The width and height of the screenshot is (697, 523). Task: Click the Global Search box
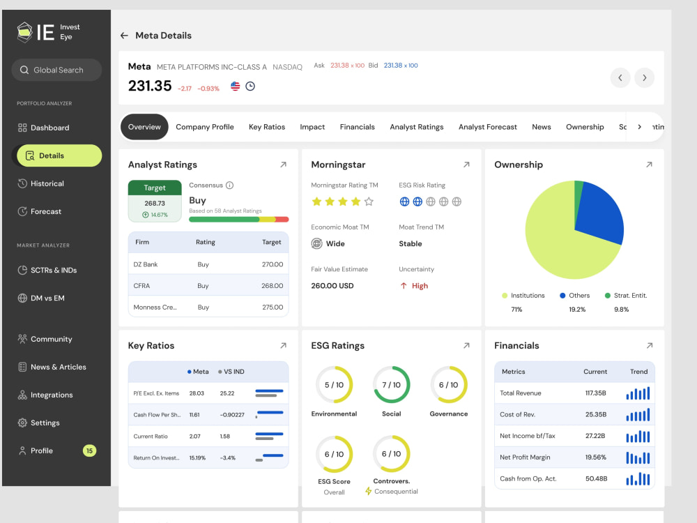56,70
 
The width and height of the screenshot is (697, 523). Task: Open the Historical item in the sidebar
40,183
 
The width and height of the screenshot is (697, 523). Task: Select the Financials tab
357,127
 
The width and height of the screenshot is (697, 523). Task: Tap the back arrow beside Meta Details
124,36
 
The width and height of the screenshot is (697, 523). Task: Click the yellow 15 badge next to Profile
89,450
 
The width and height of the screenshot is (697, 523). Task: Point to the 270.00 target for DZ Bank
272,264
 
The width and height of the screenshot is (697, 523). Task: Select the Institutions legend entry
523,295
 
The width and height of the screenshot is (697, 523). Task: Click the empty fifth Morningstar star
369,202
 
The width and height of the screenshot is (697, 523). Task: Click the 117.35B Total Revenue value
595,393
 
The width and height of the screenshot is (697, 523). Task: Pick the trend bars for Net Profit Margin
638,457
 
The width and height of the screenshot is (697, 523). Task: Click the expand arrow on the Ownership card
649,165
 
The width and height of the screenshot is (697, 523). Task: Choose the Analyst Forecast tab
488,127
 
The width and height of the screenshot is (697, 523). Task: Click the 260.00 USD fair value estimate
332,285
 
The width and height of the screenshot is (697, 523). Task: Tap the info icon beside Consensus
229,185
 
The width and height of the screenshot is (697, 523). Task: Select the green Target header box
155,188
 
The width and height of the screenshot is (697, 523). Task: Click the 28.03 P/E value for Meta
197,393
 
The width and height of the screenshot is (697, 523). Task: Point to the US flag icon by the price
235,86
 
